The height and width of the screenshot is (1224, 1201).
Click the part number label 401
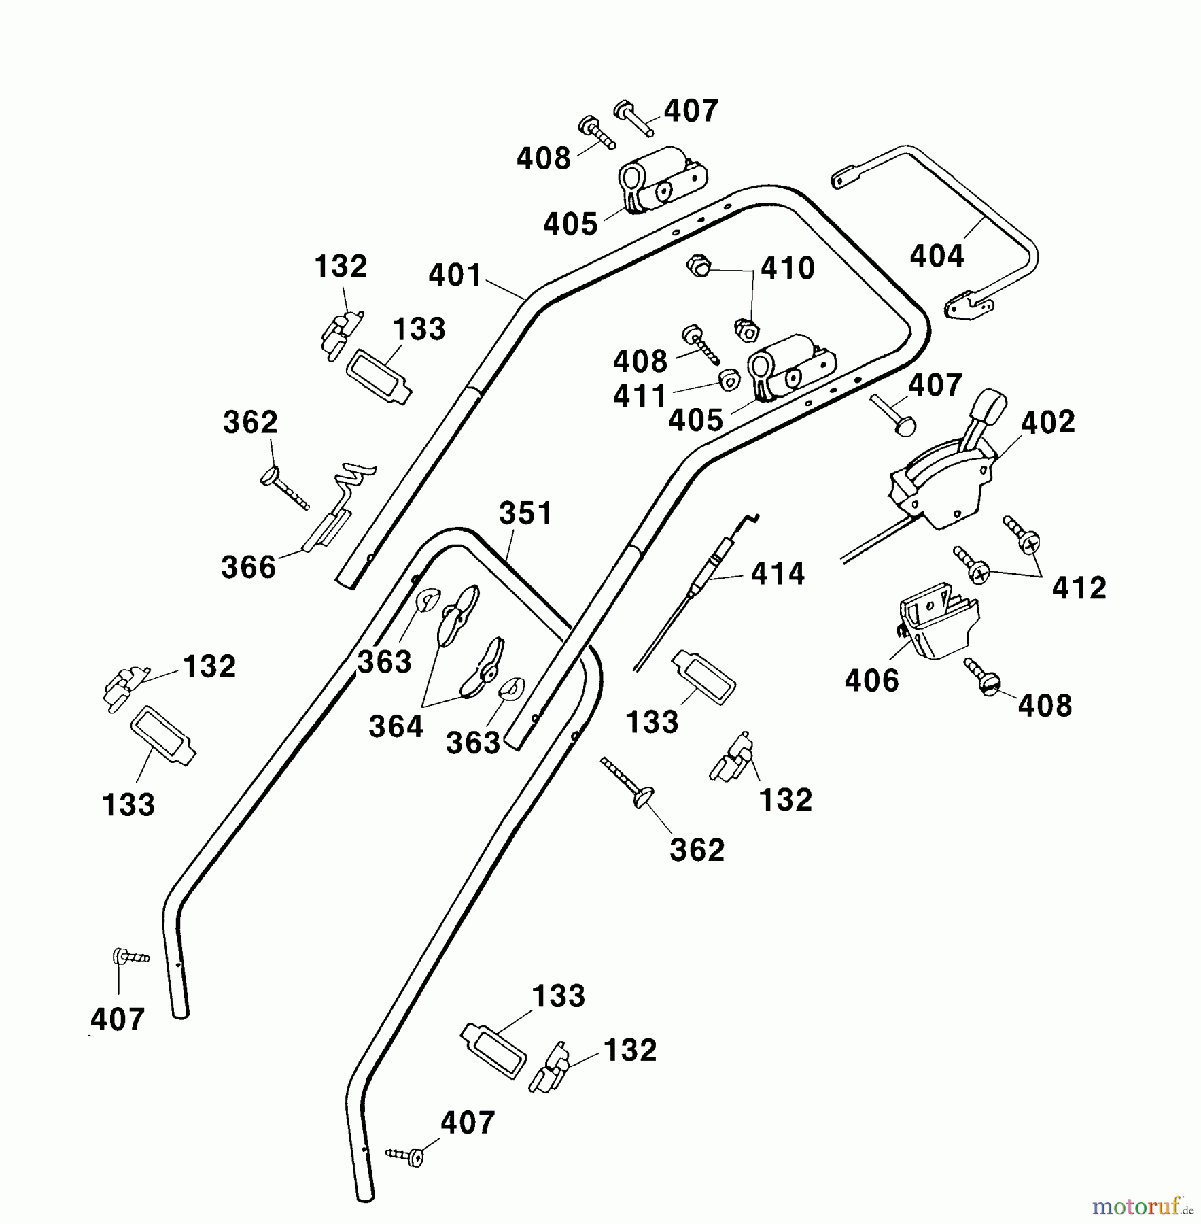[455, 275]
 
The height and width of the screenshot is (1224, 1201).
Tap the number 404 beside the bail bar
[937, 256]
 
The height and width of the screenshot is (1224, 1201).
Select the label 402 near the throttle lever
[1048, 422]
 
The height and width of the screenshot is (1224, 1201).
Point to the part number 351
[526, 513]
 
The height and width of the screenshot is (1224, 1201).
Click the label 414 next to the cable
[778, 574]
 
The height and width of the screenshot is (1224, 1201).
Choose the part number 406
[871, 680]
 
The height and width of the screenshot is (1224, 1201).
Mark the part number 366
[248, 567]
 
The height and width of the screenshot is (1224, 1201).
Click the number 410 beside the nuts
[787, 269]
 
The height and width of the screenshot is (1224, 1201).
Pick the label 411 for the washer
[640, 396]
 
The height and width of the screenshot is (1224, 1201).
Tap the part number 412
[1079, 588]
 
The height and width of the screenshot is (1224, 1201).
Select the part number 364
[396, 726]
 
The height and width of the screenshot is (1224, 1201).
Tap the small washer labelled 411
[729, 380]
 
